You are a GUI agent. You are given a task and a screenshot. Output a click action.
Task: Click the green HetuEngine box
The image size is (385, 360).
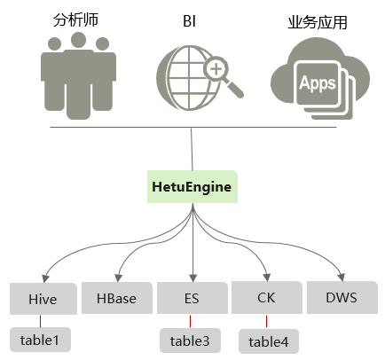coord(192,186)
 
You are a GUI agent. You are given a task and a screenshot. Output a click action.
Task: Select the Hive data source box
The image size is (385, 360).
coord(43,299)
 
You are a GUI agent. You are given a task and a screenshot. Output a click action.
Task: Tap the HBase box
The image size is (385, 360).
coord(117,298)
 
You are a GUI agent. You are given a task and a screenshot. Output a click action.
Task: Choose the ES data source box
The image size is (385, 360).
coord(192,298)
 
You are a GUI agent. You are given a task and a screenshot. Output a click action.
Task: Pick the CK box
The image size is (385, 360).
coord(267,297)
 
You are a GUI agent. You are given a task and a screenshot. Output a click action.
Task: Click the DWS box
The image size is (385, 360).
coord(342,297)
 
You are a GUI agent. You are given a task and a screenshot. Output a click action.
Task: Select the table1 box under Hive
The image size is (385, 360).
coord(40,340)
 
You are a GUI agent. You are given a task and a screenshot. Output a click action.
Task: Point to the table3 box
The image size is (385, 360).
coord(190,340)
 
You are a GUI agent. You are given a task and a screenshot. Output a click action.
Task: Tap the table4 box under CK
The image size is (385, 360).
coord(269,341)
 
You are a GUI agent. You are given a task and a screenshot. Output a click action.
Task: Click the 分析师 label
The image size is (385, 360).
coord(75,20)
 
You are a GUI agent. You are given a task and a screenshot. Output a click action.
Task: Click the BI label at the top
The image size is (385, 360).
coord(189,21)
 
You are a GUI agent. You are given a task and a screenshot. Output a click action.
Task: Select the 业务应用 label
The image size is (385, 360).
coord(318,22)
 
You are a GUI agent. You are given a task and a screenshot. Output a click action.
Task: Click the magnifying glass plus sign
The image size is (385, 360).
coord(216,69)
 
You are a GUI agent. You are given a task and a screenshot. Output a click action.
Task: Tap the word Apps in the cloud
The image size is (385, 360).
coord(318,83)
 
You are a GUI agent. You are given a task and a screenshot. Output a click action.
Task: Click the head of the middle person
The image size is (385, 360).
coord(78,40)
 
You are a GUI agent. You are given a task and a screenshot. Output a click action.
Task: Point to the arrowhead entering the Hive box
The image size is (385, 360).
coord(45,278)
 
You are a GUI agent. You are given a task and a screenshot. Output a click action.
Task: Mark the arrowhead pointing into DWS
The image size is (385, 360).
coord(342,278)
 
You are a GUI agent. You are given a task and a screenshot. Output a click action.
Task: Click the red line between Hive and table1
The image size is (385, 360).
coord(40,321)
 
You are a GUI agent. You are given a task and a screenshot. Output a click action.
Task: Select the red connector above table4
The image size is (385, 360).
coord(266,322)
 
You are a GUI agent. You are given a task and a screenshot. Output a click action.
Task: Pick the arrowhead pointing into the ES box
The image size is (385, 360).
coord(192,278)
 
